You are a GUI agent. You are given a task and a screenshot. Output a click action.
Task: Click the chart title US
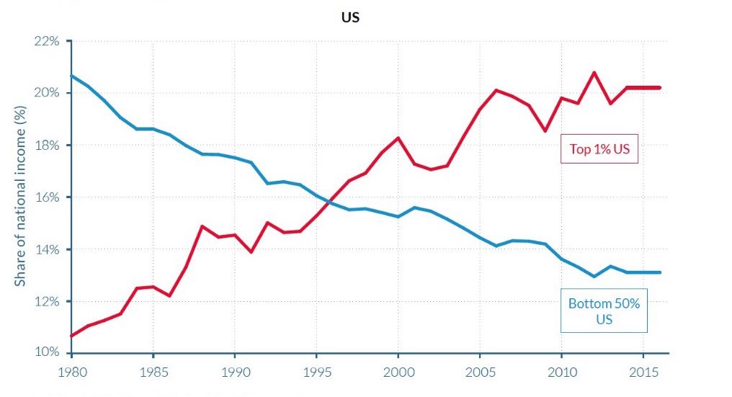[x=350, y=17]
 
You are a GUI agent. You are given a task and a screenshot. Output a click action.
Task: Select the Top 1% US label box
[x=599, y=150]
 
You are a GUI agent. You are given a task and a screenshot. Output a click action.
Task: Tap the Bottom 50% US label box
[x=604, y=311]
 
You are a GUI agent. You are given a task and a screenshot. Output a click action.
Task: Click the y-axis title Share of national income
[x=21, y=195]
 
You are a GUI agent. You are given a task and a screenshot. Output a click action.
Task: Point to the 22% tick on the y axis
[x=47, y=41]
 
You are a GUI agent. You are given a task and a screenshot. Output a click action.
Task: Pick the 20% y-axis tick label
[x=47, y=93]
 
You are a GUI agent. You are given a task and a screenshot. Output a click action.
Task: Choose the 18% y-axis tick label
[x=47, y=146]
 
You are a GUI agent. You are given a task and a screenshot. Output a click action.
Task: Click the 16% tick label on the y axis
[x=47, y=197]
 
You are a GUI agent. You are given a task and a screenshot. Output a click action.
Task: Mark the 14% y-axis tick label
[x=47, y=249]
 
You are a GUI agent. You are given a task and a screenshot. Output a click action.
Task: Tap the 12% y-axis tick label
[x=47, y=301]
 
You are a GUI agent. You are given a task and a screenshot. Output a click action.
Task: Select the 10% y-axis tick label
[x=47, y=353]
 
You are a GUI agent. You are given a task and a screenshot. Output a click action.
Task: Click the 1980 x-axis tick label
[x=71, y=375]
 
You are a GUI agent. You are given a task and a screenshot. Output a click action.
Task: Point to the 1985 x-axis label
[x=153, y=375]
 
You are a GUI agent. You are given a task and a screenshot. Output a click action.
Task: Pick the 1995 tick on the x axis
[x=316, y=375]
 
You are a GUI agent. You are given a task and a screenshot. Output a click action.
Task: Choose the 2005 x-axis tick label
[x=479, y=375]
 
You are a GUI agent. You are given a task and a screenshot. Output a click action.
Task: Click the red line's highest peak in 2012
[x=594, y=72]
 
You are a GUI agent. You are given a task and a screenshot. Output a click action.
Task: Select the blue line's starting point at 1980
[x=71, y=76]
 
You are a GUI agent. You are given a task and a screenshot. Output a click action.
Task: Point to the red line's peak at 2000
[x=398, y=138]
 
